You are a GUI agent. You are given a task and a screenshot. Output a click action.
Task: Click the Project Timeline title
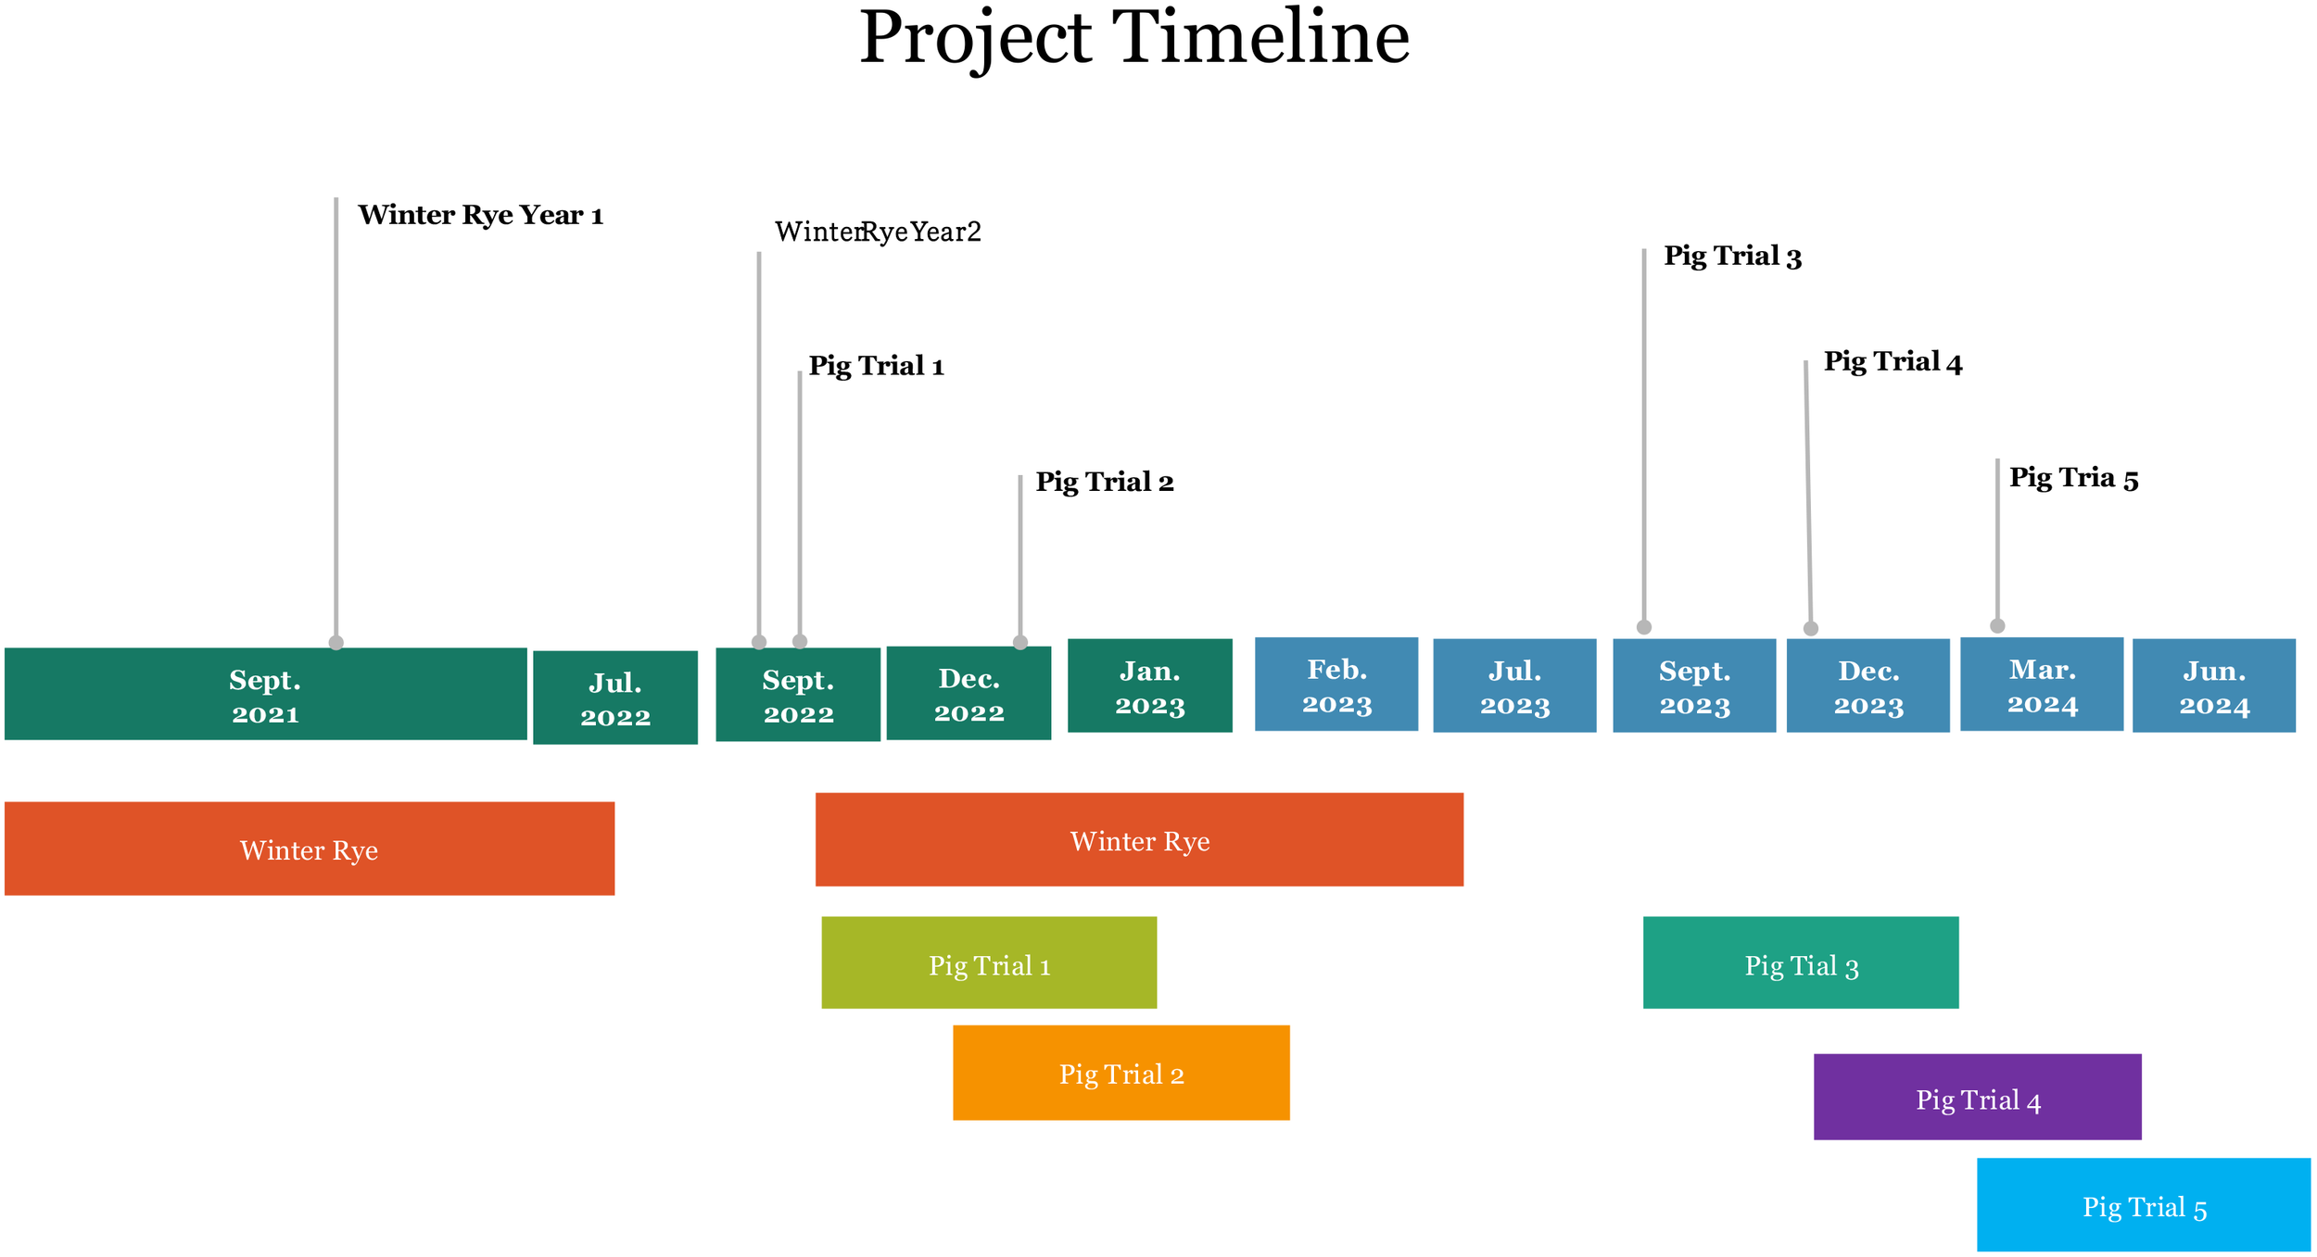click(x=1134, y=39)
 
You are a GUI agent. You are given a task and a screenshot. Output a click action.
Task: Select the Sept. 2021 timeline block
click(x=265, y=695)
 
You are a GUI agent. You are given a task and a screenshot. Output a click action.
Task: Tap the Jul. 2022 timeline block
click(x=615, y=698)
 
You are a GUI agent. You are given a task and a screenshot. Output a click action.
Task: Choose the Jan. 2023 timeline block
click(x=1150, y=686)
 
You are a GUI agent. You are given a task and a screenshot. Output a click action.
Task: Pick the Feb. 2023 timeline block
click(x=1336, y=685)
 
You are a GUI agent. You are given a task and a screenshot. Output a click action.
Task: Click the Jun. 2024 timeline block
click(x=2214, y=686)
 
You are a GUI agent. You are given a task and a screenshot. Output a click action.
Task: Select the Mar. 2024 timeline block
click(x=2042, y=685)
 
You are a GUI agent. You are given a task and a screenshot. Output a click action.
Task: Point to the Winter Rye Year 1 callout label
click(x=480, y=216)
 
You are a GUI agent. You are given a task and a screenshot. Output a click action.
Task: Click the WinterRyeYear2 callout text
click(x=877, y=232)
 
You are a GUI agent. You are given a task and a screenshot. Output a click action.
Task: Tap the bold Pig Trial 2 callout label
click(x=1104, y=483)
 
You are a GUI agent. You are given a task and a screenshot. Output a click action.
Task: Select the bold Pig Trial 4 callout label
click(x=1893, y=362)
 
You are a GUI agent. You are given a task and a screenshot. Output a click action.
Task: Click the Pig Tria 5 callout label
click(x=2073, y=479)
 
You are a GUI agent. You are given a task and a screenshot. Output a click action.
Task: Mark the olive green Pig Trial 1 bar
click(x=989, y=963)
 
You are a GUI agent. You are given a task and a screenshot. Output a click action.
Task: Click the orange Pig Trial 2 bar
click(x=1121, y=1074)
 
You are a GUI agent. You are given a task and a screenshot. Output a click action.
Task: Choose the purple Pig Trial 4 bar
click(x=1978, y=1098)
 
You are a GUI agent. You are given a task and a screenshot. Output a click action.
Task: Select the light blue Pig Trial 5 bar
click(x=2144, y=1205)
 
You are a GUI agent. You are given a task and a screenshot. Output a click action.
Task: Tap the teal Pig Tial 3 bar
click(x=1801, y=963)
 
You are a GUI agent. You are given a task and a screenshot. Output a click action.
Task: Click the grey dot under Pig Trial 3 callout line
click(x=1644, y=627)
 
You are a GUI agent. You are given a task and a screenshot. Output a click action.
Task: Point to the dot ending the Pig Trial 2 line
click(x=1020, y=642)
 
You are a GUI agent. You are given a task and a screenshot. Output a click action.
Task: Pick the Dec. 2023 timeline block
click(x=1868, y=686)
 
